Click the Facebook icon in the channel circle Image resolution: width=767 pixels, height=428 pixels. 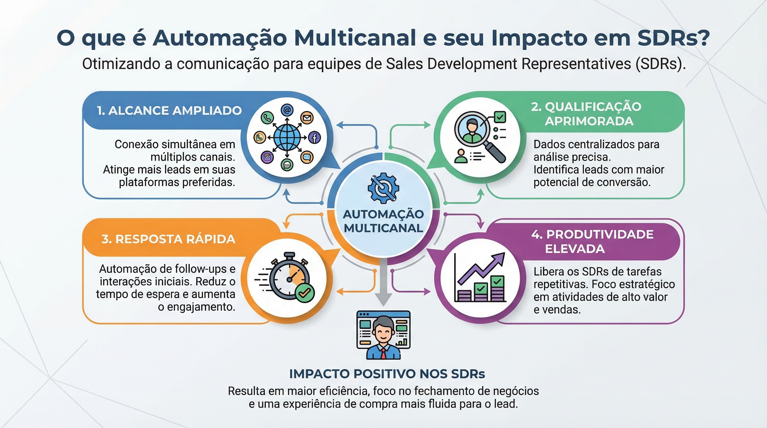[x=314, y=137]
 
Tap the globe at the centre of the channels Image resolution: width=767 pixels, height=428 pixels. [x=287, y=137]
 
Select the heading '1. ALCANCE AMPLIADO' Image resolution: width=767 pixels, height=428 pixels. [x=169, y=110]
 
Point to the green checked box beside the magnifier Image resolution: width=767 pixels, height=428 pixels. [x=500, y=116]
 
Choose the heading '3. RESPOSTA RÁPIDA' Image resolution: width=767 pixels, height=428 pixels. [x=168, y=239]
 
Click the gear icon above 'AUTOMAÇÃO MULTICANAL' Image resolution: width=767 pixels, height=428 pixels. [x=383, y=188]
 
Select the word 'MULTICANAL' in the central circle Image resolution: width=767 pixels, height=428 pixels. [x=383, y=228]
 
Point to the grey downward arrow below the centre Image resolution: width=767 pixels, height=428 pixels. [x=383, y=281]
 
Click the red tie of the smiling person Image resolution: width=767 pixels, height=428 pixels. [x=384, y=354]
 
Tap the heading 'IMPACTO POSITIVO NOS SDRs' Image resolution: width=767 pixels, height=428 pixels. [x=387, y=374]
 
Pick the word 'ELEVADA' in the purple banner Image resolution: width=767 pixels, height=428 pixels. [x=575, y=249]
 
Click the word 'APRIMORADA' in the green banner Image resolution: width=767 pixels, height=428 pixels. [x=589, y=121]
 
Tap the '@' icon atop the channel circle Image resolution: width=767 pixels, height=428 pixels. [x=287, y=110]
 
